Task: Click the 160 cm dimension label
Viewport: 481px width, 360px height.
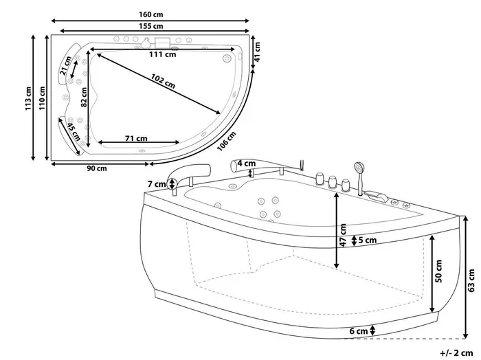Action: (x=151, y=14)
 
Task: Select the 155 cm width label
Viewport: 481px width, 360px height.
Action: (x=151, y=26)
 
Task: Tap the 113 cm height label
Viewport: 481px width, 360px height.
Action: (x=28, y=99)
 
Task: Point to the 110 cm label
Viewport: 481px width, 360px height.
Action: (x=42, y=98)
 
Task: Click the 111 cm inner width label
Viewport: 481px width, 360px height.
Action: (x=163, y=54)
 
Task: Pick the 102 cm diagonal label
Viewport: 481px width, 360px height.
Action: (x=163, y=81)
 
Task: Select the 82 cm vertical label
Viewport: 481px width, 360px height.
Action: (x=84, y=98)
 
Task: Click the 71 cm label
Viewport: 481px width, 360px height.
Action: (x=136, y=139)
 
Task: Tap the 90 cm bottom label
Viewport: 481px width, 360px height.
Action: (x=97, y=168)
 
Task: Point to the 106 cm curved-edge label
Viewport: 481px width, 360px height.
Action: (x=227, y=141)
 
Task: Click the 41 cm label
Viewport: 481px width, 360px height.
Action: (x=257, y=52)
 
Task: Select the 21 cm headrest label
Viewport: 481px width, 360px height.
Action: (x=66, y=66)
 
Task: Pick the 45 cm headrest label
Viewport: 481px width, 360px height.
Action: (x=74, y=132)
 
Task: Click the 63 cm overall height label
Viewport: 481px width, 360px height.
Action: (x=472, y=280)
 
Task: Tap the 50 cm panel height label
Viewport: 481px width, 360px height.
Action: (x=439, y=271)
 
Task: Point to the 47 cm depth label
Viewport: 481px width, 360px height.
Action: (x=344, y=235)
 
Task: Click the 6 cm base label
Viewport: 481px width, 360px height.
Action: (x=359, y=331)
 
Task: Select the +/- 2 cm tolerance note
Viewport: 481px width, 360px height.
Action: (x=456, y=353)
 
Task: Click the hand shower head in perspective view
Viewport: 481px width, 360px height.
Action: (x=359, y=167)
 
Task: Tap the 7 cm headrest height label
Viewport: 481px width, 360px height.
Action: (x=157, y=184)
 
